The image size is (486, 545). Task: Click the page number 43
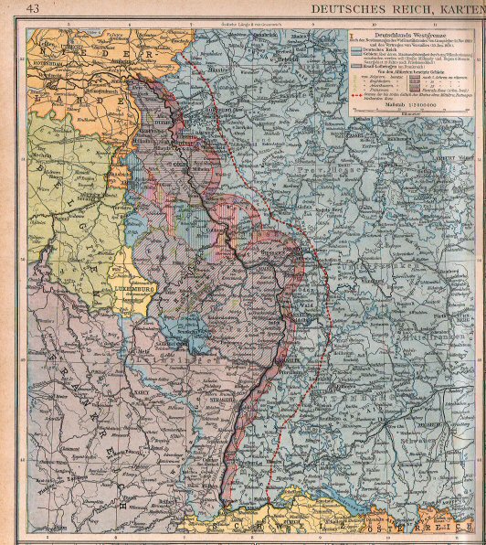[x=33, y=8]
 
